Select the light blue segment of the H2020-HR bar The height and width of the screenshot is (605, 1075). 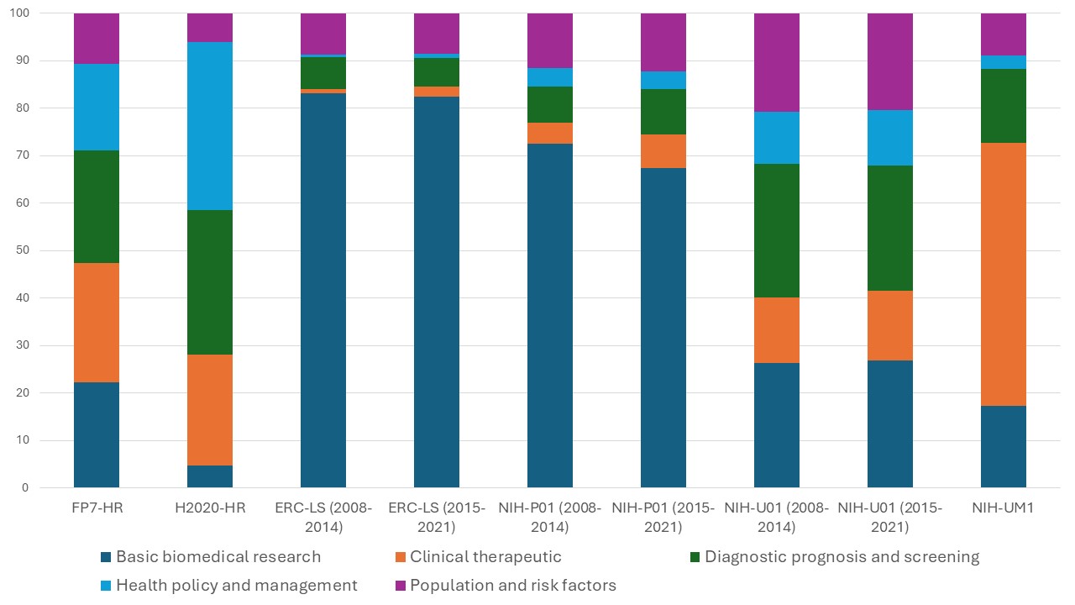[x=209, y=126]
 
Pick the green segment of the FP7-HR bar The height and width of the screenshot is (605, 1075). [x=97, y=207]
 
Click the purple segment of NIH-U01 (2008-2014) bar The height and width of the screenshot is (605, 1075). [x=777, y=62]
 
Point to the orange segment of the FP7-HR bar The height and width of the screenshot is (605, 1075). [x=97, y=323]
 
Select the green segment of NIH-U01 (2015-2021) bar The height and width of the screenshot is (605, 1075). [x=890, y=228]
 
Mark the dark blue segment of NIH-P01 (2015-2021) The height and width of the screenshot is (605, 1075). [x=663, y=328]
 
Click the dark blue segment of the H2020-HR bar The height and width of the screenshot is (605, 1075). [x=209, y=476]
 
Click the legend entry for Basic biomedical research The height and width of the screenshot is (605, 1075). [x=218, y=556]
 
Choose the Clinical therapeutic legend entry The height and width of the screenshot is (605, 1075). [x=485, y=556]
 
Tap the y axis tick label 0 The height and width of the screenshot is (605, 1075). [x=24, y=487]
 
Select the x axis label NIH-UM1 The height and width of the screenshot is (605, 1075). [x=1003, y=508]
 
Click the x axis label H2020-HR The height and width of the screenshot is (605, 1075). [x=209, y=508]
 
